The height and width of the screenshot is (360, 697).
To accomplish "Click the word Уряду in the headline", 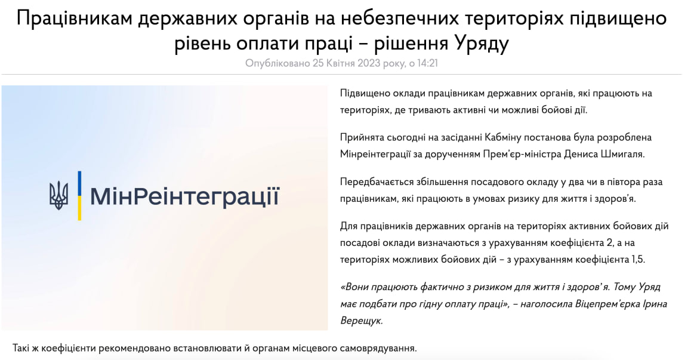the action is pyautogui.click(x=482, y=44).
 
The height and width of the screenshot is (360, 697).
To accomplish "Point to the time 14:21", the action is pyautogui.click(x=428, y=63).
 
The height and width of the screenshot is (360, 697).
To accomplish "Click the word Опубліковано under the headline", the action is pyautogui.click(x=278, y=63).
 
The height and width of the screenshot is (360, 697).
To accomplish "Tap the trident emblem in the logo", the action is pyautogui.click(x=58, y=196).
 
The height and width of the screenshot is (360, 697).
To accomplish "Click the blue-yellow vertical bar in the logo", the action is pyautogui.click(x=79, y=196).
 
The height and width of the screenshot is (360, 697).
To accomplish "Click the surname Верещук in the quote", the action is pyautogui.click(x=362, y=321).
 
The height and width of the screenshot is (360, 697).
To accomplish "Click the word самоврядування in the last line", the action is pyautogui.click(x=379, y=347).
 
